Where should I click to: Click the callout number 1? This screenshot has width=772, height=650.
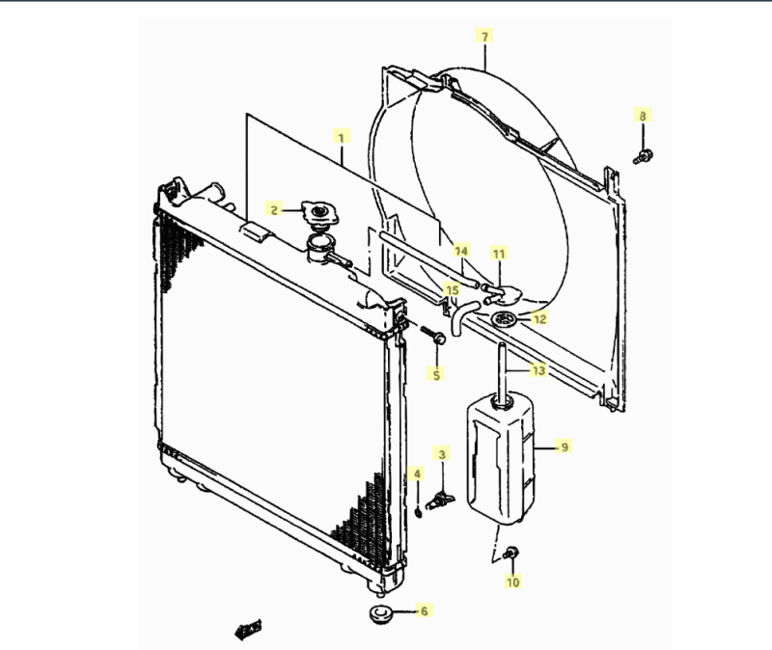pos(342,137)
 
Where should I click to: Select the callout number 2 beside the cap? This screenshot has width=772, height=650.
pos(274,210)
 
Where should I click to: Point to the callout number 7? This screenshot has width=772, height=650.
pos(485,37)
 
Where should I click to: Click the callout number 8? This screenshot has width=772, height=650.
pos(643,116)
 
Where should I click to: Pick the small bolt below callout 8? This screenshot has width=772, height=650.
pos(643,157)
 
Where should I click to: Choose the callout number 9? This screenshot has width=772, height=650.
pos(565,447)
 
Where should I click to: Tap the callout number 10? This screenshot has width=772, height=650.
pos(513,582)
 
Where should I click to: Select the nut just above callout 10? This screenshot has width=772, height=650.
pos(511,553)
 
